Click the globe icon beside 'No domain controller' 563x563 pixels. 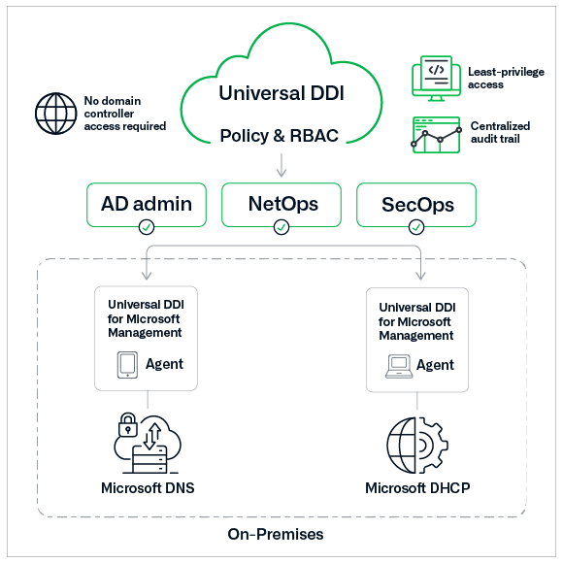coord(55,114)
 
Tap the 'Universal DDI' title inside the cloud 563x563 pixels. coord(280,94)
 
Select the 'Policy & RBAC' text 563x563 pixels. coord(280,135)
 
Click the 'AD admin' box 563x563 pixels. coord(146,204)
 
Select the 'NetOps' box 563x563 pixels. coord(281,204)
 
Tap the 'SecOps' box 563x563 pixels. coord(417,204)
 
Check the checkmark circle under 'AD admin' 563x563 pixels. coord(146,227)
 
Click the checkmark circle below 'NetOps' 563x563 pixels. coord(281,227)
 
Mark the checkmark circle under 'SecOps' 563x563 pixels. coord(417,227)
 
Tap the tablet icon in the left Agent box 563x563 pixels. coord(127,365)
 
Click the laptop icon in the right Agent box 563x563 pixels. coord(397,365)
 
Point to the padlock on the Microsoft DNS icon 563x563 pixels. coord(127,424)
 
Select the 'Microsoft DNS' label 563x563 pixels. coord(148,487)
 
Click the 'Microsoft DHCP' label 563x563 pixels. coord(417,487)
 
